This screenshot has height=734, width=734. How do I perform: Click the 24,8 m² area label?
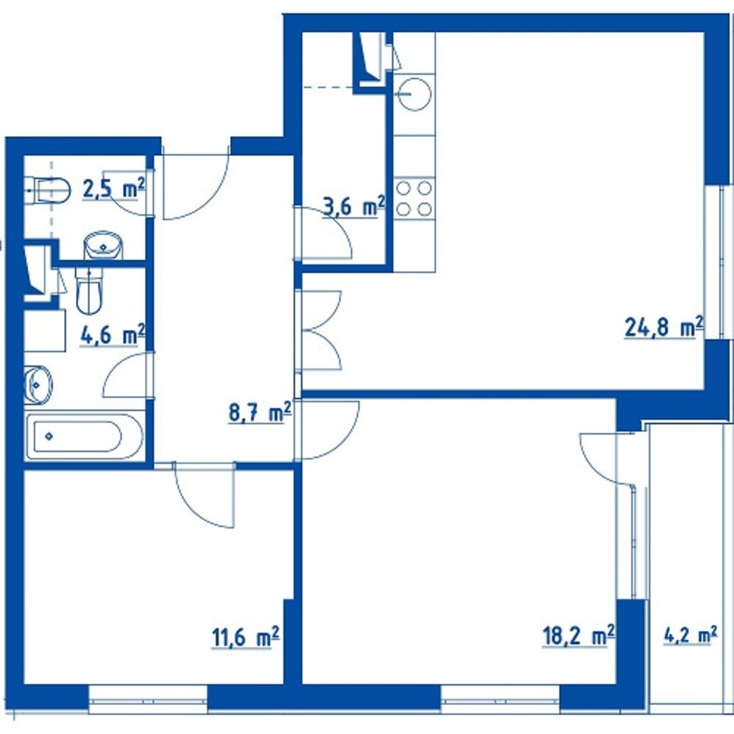(664, 327)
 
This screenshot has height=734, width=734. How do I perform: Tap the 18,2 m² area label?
(579, 636)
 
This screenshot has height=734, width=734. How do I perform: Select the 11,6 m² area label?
(246, 638)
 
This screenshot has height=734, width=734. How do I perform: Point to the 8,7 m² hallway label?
(260, 413)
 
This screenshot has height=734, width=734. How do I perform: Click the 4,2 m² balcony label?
(690, 636)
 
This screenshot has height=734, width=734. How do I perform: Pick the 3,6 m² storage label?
(355, 207)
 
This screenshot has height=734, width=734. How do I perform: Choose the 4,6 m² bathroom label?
(113, 336)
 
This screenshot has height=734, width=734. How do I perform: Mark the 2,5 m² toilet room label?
(113, 190)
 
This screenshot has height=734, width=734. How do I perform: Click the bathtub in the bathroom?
(84, 436)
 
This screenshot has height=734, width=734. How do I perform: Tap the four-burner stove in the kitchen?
(414, 198)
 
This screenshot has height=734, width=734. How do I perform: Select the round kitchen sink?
(414, 94)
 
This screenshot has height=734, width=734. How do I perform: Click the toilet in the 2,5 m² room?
(47, 191)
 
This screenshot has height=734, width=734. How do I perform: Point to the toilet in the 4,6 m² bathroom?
(89, 290)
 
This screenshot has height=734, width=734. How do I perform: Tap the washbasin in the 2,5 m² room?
(103, 245)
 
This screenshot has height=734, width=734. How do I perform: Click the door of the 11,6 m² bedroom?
(204, 496)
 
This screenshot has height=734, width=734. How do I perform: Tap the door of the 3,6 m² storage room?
(324, 233)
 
